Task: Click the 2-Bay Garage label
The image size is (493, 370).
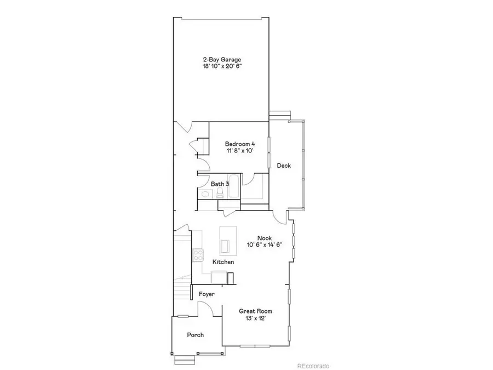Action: point(222,59)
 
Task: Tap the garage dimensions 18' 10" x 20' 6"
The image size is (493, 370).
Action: point(222,66)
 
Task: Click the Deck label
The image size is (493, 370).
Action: point(283,166)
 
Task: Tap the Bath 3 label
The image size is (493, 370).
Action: point(220,184)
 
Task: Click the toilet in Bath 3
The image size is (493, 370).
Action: point(219,195)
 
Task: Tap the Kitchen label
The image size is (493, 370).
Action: point(223,262)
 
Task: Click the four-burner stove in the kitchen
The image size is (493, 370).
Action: point(198,255)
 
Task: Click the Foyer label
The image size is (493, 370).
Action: point(207,294)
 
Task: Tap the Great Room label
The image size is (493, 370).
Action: point(255,311)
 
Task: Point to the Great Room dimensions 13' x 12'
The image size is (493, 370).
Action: point(255,318)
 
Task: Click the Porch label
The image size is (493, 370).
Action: point(196,335)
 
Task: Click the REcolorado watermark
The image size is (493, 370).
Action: point(313,365)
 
